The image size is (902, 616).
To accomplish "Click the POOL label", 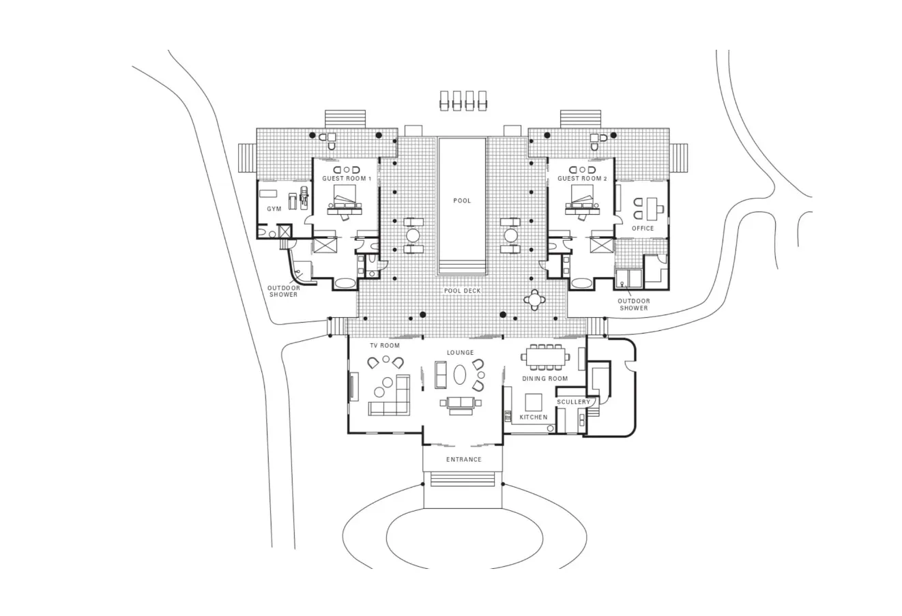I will coord(462,201).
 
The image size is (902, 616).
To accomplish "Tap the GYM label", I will coord(274,209).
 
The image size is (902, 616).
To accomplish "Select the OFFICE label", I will coord(643,229).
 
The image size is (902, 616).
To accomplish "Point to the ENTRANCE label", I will coord(464,460).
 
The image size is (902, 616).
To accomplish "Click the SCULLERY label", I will coord(573,402).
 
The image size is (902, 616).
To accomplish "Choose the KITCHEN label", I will coord(534,417).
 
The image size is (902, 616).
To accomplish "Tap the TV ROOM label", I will coord(385,346).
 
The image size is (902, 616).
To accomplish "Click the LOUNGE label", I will coord(461,353).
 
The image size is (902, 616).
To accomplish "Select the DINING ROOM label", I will coord(545,379).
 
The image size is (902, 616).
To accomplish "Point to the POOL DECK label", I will coord(463,291).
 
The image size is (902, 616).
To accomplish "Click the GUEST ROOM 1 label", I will coord(347,179).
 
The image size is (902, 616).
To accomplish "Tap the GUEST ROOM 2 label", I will coord(582,179).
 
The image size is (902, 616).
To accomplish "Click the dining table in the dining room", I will coord(546,357).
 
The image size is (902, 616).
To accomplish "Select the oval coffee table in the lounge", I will coord(461,375).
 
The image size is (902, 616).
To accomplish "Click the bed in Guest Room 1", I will coord(347,201).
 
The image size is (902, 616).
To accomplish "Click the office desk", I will coord(652,206).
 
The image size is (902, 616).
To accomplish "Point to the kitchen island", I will coord(533,401).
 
